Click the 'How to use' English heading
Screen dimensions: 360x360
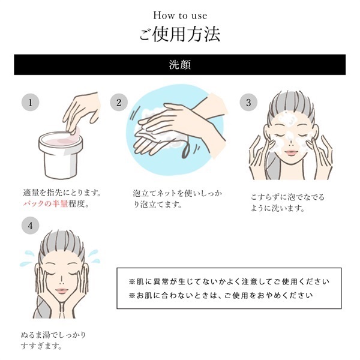pos(179,15)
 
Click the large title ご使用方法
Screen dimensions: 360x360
pos(179,34)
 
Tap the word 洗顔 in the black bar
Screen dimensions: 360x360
pos(179,64)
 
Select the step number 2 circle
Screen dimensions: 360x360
pos(118,102)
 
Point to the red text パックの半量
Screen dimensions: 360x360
pos(45,204)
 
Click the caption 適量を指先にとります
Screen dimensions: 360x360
pos(60,193)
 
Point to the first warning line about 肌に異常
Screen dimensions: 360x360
pos(230,281)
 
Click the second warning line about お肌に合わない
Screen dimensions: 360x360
pos(221,295)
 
